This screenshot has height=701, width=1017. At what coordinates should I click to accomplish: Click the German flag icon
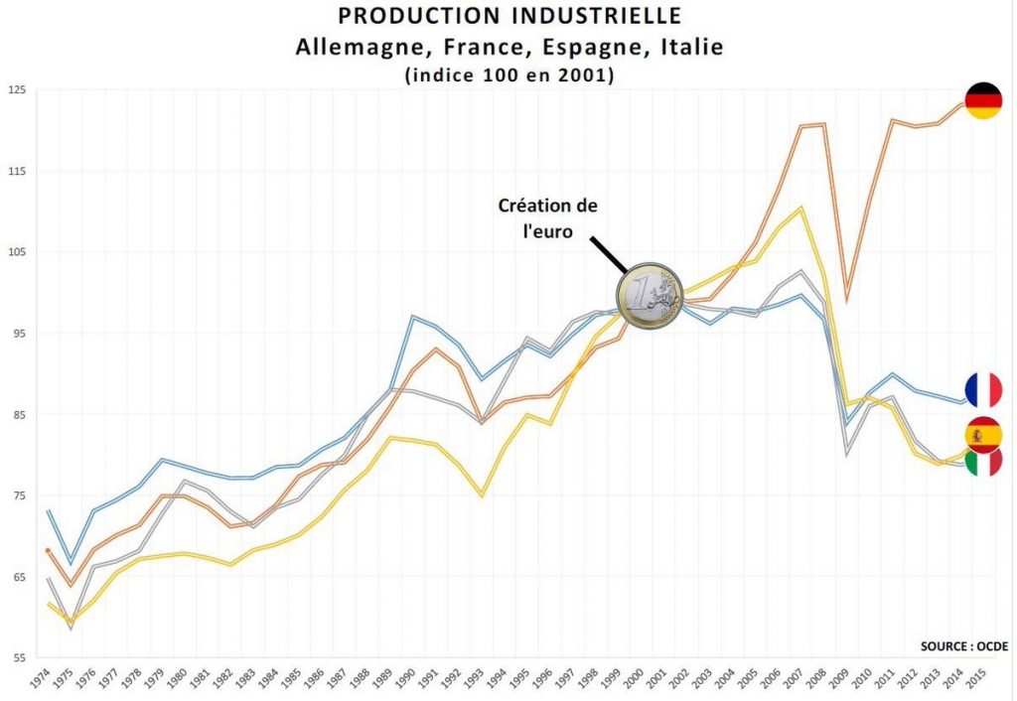[983, 101]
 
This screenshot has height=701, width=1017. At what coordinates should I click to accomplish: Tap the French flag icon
[983, 390]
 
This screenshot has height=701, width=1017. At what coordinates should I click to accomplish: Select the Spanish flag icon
[983, 434]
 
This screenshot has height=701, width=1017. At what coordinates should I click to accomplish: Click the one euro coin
[651, 297]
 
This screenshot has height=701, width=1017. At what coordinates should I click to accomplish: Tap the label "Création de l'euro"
[548, 216]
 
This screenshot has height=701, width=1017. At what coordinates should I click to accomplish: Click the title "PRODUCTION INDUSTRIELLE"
[509, 16]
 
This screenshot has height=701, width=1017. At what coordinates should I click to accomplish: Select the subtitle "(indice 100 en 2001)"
[509, 75]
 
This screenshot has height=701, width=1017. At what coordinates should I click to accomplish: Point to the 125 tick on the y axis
[17, 90]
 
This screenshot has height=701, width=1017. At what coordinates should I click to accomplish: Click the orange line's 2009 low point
[847, 301]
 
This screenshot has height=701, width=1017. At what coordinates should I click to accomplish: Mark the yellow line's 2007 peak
[801, 208]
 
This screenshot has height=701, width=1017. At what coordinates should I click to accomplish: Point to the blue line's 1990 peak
[412, 316]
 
